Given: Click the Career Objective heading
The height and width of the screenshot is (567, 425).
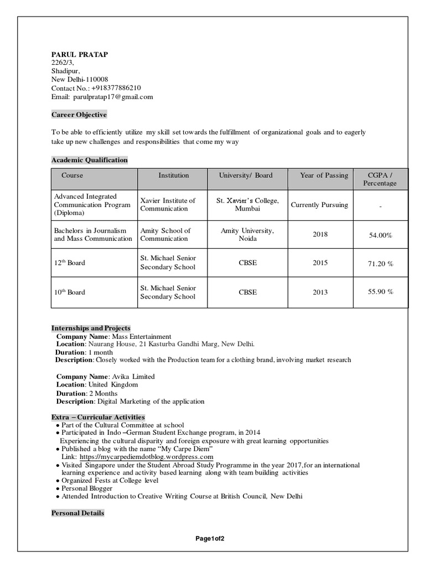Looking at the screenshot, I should pyautogui.click(x=79, y=115).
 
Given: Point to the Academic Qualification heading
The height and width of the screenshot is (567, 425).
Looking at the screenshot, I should pyautogui.click(x=90, y=160).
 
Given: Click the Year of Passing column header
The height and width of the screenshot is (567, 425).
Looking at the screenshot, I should pyautogui.click(x=324, y=176).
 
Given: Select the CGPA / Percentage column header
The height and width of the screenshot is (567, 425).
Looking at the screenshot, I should pyautogui.click(x=380, y=179).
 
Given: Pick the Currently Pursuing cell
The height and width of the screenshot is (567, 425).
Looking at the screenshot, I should pyautogui.click(x=319, y=205).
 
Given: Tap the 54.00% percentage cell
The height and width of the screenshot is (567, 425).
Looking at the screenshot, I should pyautogui.click(x=380, y=235).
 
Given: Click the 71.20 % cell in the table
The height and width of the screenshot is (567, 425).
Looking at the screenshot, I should pyautogui.click(x=380, y=264).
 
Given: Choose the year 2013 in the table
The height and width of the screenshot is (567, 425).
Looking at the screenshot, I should pyautogui.click(x=320, y=292).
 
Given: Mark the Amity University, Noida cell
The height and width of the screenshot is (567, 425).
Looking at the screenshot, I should pyautogui.click(x=247, y=235).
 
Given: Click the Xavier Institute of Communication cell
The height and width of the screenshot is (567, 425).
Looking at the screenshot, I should pyautogui.click(x=168, y=205).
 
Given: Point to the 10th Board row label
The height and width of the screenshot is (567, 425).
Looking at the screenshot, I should pyautogui.click(x=69, y=292).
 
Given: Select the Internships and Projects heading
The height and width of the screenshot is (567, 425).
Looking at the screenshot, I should pyautogui.click(x=91, y=328).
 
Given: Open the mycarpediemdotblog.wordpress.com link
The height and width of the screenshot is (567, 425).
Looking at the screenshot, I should pyautogui.click(x=146, y=457).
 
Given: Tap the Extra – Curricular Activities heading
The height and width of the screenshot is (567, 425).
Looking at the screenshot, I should pyautogui.click(x=98, y=417).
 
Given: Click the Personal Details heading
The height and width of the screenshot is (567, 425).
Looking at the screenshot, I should pyautogui.click(x=77, y=513).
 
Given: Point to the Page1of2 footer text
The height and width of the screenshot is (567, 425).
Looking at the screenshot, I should pyautogui.click(x=210, y=539).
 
